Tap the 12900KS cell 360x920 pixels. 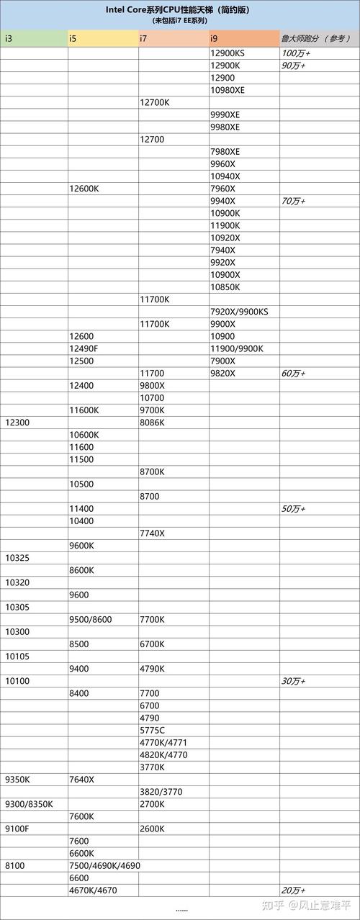click(228, 53)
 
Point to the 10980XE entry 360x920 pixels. click(228, 90)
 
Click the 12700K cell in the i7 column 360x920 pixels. click(155, 102)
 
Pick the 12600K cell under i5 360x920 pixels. click(84, 189)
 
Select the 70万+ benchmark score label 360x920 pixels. click(293, 201)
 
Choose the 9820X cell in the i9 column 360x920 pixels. click(223, 373)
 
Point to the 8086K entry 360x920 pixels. click(153, 423)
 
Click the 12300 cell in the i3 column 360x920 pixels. click(17, 423)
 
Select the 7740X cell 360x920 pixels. click(152, 533)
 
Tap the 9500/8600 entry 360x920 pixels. click(90, 619)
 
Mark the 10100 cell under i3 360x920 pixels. click(17, 681)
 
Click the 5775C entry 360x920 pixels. click(152, 730)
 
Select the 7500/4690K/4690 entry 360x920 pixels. click(104, 865)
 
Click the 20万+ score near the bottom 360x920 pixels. click(293, 890)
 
